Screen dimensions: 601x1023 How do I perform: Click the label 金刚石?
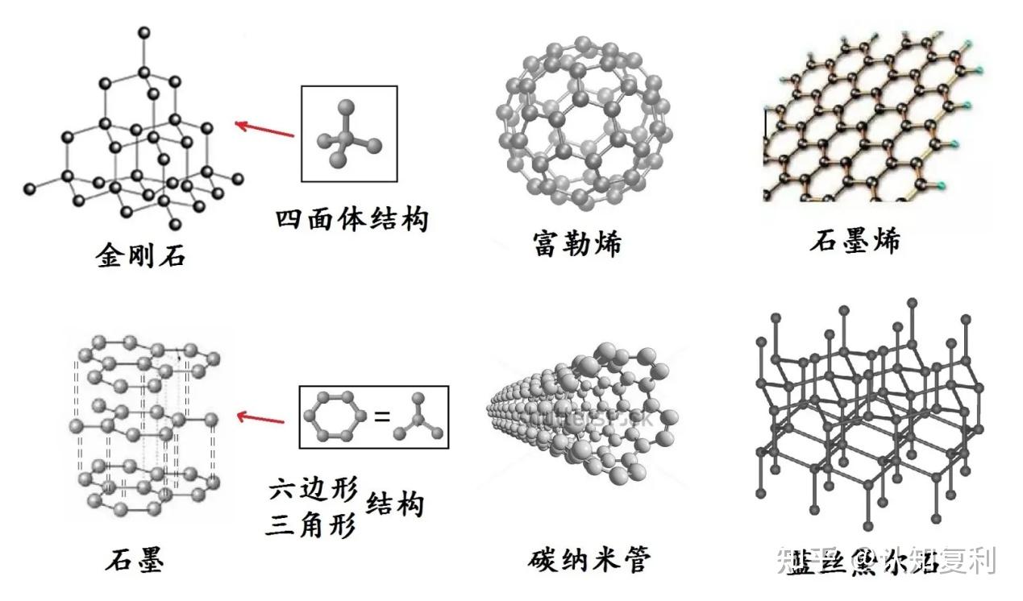(x=140, y=255)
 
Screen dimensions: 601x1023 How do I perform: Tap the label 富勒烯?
(x=577, y=242)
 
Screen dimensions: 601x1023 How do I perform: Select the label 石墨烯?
(x=855, y=241)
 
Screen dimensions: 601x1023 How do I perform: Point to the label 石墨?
(x=134, y=559)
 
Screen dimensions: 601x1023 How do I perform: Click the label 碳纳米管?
(x=590, y=558)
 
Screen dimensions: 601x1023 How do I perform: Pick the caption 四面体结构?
(x=351, y=218)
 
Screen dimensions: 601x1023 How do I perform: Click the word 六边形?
(x=314, y=491)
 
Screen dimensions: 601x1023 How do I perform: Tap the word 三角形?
(x=314, y=526)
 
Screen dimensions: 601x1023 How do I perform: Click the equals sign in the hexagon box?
(x=381, y=417)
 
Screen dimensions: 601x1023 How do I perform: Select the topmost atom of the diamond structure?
(x=144, y=33)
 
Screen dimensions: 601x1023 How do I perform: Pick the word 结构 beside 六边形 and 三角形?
(x=395, y=506)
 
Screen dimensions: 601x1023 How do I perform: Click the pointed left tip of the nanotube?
(x=490, y=411)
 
